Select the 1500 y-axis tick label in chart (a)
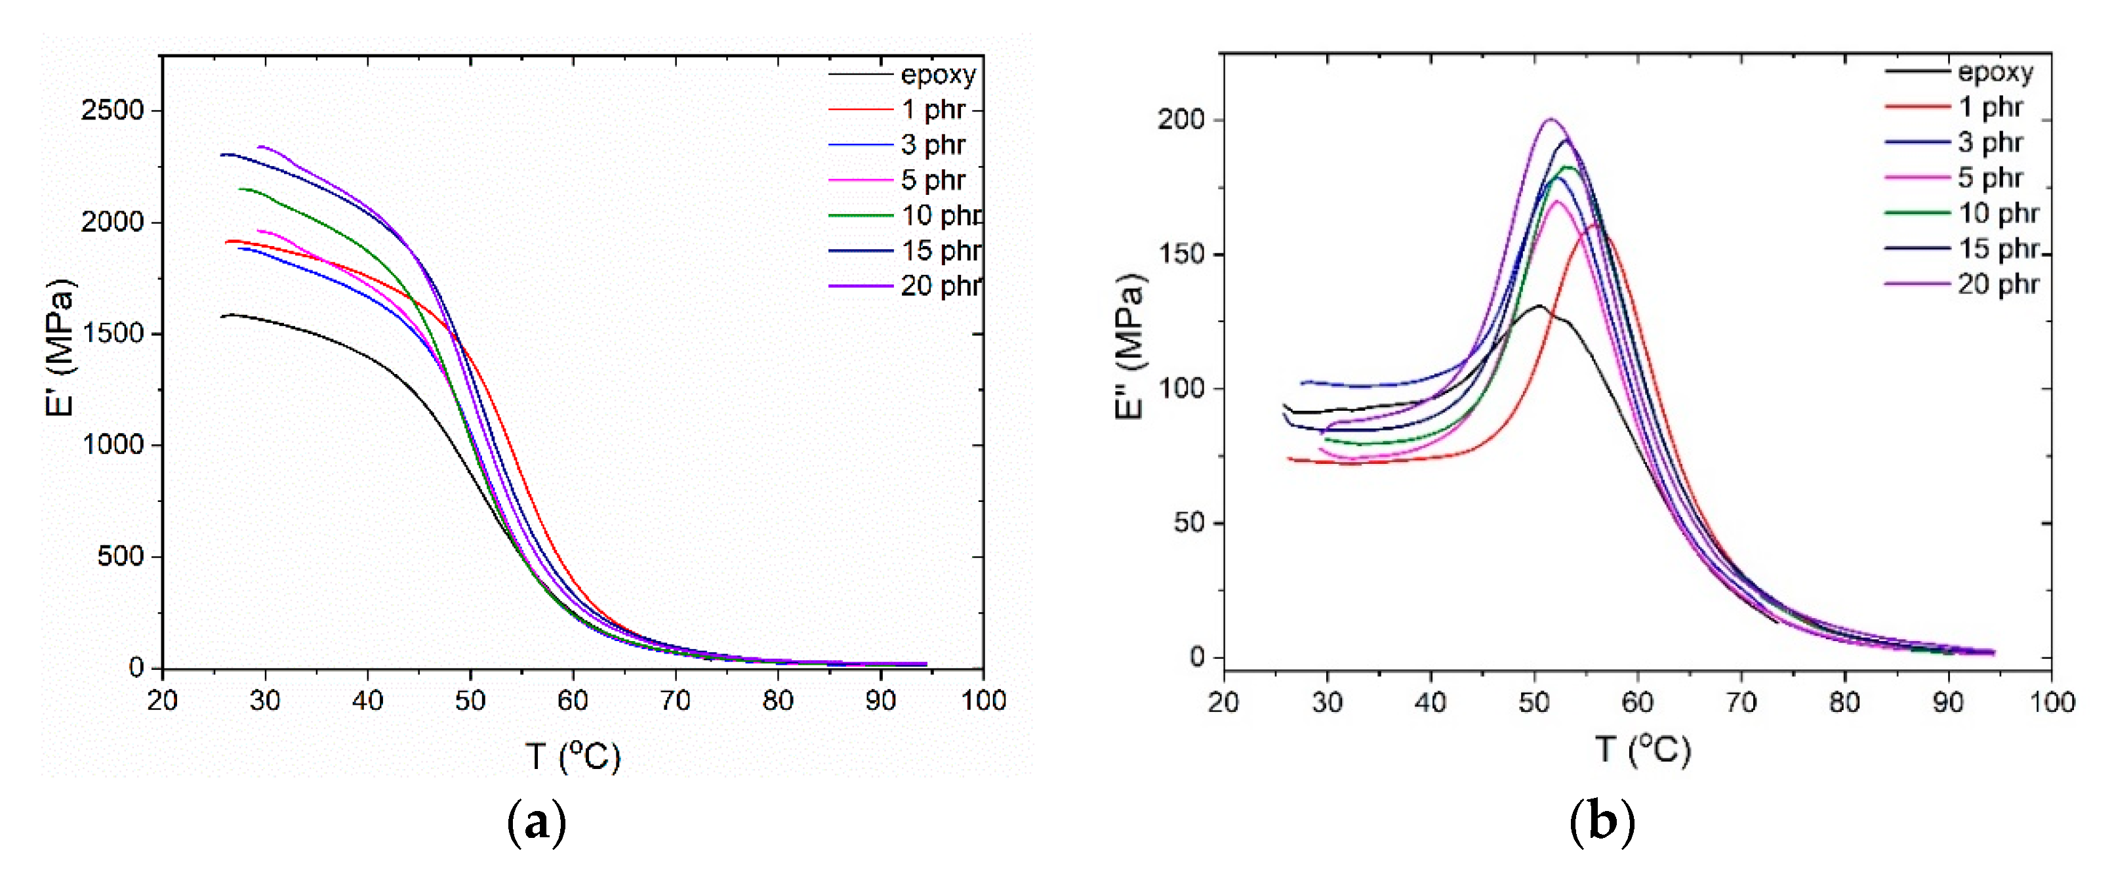pos(112,334)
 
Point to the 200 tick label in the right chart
pos(1181,119)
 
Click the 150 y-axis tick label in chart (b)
pos(1181,254)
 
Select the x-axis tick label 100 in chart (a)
pos(983,700)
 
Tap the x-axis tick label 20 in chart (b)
pos(1223,703)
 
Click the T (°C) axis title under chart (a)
pos(572,756)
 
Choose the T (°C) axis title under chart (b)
pos(1642,750)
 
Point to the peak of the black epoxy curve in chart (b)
pos(1538,306)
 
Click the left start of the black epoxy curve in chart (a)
pos(222,316)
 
